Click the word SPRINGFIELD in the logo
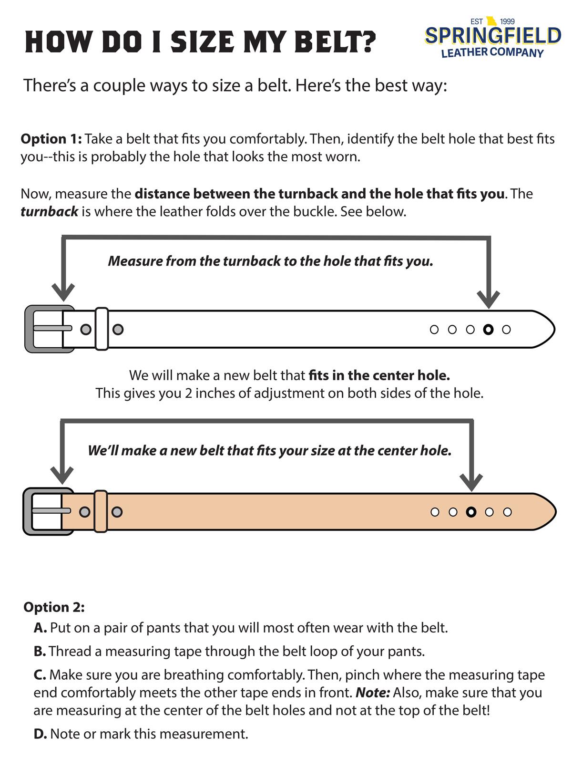tap(492, 36)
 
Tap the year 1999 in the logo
tap(507, 21)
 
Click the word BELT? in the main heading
tap(336, 42)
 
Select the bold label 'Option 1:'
tap(51, 139)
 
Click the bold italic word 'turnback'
tap(49, 211)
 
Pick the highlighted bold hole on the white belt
tap(488, 329)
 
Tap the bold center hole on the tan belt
tap(471, 512)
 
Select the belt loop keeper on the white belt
tap(102, 329)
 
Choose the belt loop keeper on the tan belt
tap(101, 511)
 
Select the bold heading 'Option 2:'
tap(54, 607)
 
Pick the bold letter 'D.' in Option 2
tap(40, 734)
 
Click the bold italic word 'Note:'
tap(373, 692)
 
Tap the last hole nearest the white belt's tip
tap(507, 329)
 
